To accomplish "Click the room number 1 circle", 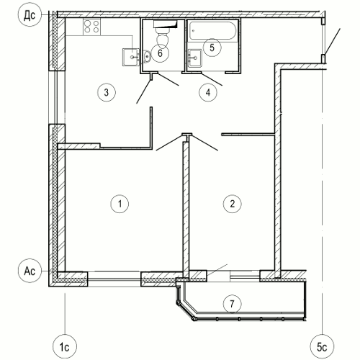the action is [x=120, y=204].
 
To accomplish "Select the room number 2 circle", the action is [x=232, y=204].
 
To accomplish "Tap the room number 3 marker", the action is [x=107, y=92].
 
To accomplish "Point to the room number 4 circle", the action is [x=208, y=92].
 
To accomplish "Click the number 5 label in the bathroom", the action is [x=212, y=48].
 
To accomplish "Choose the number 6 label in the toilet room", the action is [x=160, y=53].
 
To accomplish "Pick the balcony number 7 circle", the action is [x=232, y=304].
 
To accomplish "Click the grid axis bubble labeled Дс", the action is [x=30, y=15].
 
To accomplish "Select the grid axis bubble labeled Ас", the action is [x=30, y=271].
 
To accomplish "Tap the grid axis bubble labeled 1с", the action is [x=65, y=347].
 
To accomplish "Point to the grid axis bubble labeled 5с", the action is [x=322, y=347].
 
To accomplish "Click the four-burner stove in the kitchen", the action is [x=92, y=27].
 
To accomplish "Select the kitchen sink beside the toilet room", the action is [x=131, y=57].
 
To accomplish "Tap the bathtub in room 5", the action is [x=212, y=30].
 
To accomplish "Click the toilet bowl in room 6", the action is [x=163, y=37].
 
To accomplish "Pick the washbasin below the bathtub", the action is [x=195, y=58].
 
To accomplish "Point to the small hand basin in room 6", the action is [x=147, y=56].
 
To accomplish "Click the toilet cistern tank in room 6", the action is [x=166, y=24].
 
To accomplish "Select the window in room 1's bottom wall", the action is [x=114, y=279].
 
